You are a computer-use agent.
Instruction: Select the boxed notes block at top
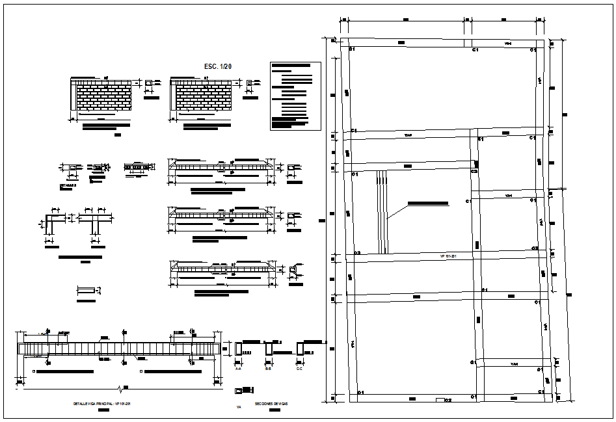pyautogui.click(x=295, y=96)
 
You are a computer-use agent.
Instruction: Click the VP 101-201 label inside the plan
pyautogui.click(x=449, y=257)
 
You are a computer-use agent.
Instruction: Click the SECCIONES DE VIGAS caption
pyautogui.click(x=271, y=404)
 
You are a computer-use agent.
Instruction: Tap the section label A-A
pyautogui.click(x=239, y=368)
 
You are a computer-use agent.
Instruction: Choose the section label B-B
pyautogui.click(x=268, y=368)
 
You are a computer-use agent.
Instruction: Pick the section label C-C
pyautogui.click(x=299, y=368)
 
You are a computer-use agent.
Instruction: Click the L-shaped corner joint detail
pyautogui.click(x=53, y=222)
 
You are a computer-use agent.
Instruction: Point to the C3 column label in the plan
pyautogui.click(x=474, y=171)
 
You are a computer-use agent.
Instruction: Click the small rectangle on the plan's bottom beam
pyautogui.click(x=440, y=398)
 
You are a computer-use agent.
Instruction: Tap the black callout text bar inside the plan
pyautogui.click(x=428, y=204)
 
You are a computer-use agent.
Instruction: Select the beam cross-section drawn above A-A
pyautogui.click(x=239, y=349)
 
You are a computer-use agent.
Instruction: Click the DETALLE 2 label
pyautogui.click(x=68, y=185)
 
